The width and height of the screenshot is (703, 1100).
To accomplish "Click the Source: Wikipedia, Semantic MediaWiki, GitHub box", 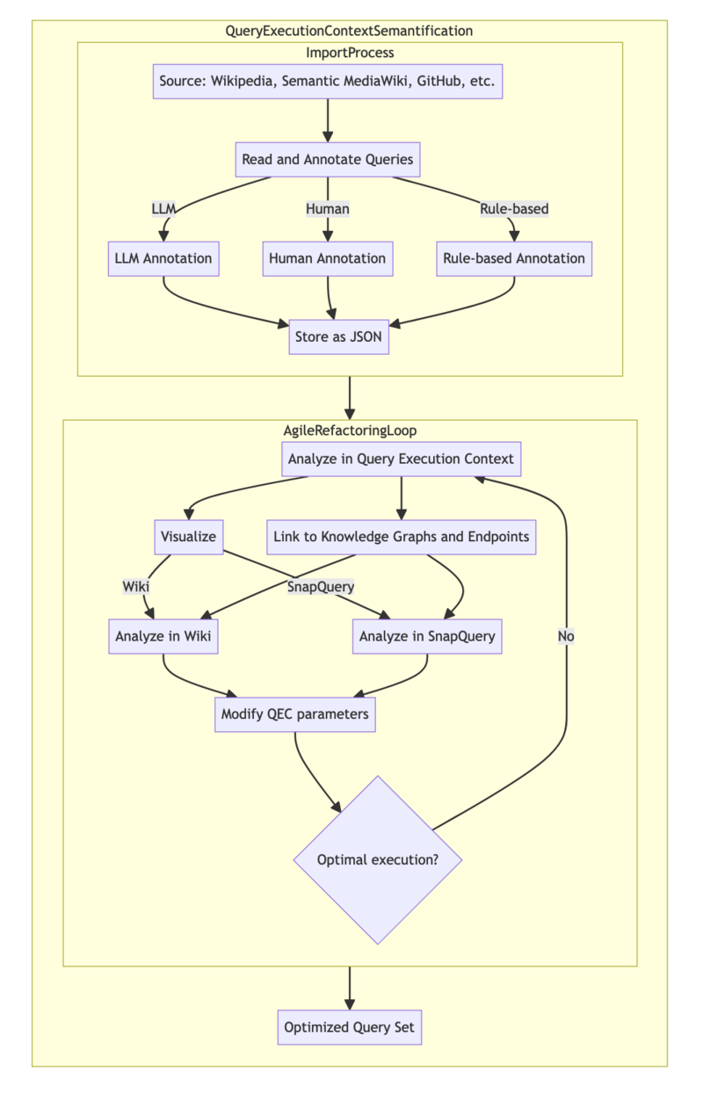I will [x=327, y=82].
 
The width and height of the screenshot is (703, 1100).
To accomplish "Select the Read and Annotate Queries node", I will [x=327, y=160].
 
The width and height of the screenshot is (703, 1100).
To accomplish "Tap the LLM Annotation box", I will [x=163, y=258].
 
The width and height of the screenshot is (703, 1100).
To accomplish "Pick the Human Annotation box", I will [x=327, y=258].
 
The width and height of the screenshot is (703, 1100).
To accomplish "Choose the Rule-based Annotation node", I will [x=514, y=258].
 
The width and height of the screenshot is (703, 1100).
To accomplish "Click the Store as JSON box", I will [x=338, y=337].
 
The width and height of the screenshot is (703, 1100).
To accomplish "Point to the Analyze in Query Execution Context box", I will [x=401, y=459].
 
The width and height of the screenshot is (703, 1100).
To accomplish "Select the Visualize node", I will [x=188, y=537].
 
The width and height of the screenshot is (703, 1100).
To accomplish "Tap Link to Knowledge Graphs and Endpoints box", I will [x=402, y=537].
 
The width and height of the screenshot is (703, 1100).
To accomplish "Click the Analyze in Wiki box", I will [x=163, y=636].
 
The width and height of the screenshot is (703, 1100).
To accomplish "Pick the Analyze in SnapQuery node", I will [x=427, y=636].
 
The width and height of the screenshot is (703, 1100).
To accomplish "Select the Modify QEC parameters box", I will [x=295, y=714].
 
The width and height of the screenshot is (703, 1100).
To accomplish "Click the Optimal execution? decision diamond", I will [x=377, y=859].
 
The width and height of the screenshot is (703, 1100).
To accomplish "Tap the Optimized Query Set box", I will [x=350, y=1027].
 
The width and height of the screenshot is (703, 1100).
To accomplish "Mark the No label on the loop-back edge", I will [x=566, y=636].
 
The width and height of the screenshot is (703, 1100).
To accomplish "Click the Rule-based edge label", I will [x=514, y=209].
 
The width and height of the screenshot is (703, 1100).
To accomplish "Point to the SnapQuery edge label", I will [x=321, y=587].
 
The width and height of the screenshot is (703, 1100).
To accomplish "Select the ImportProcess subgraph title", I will [x=350, y=53].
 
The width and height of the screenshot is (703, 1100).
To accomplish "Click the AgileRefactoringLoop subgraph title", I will [x=350, y=431].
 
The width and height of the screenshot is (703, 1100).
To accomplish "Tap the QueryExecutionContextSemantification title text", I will [x=350, y=31].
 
